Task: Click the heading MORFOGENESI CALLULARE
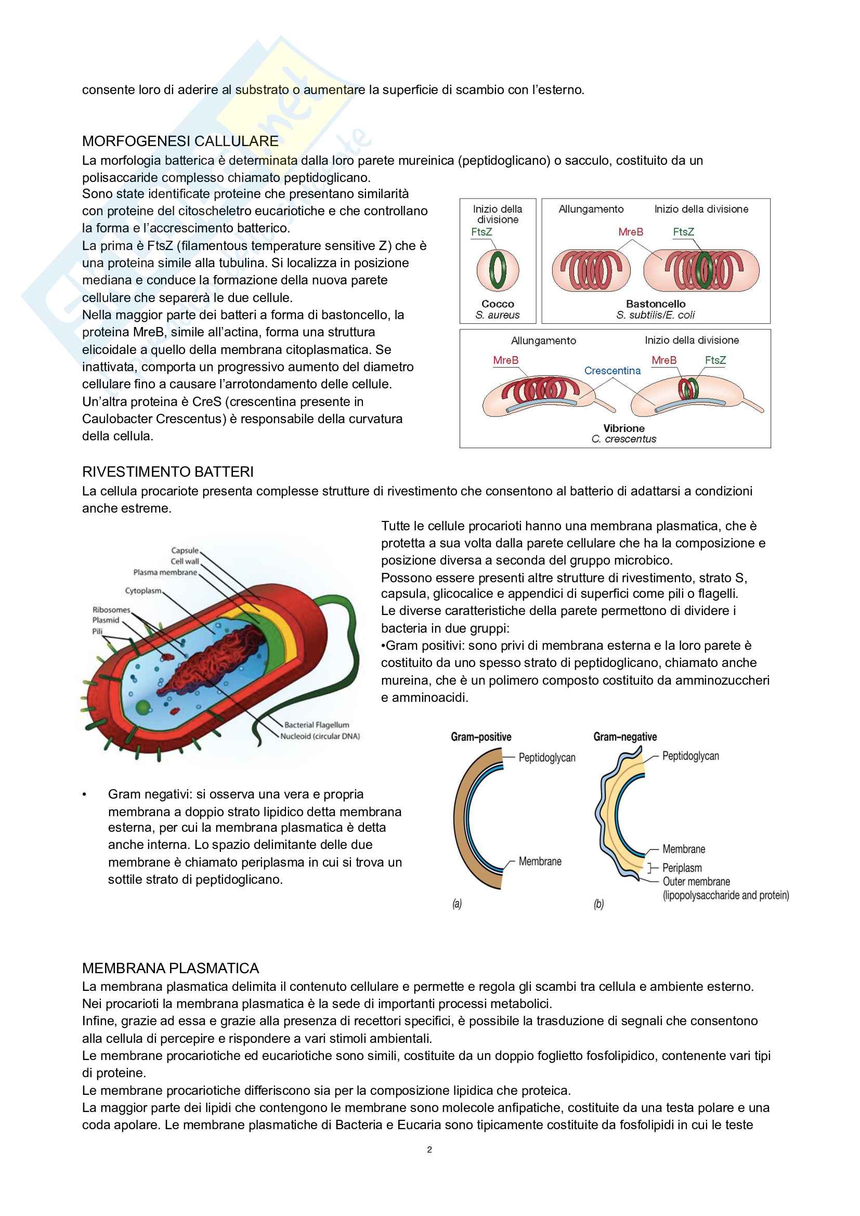180,141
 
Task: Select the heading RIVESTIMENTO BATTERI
168,472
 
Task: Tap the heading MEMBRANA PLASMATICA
171,968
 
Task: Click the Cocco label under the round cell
498,304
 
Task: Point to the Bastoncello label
656,304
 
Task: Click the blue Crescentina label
612,371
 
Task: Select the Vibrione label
624,428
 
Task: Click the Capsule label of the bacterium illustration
185,550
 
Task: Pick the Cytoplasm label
143,591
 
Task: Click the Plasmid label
106,620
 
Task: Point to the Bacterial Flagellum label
317,725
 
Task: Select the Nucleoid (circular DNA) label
320,736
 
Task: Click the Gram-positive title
481,737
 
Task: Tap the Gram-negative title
625,737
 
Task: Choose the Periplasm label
682,868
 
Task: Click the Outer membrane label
696,881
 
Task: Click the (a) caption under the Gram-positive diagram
457,904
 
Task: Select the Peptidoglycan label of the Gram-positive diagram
547,757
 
